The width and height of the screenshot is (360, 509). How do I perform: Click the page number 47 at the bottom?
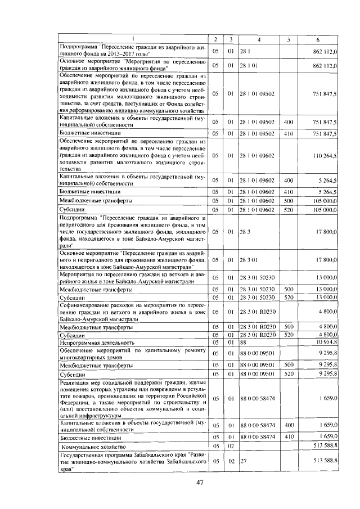(x=200, y=482)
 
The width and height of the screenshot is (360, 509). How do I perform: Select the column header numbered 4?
(x=259, y=39)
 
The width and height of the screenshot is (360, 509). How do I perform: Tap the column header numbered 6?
(x=318, y=39)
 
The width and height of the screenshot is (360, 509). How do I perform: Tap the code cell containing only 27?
(x=244, y=460)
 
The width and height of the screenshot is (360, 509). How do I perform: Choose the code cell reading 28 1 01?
(x=249, y=66)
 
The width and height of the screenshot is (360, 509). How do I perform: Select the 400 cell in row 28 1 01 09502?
(x=289, y=121)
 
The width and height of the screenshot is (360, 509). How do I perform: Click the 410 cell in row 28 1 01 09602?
(x=289, y=192)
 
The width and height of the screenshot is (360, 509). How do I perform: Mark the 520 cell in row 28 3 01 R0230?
(x=289, y=335)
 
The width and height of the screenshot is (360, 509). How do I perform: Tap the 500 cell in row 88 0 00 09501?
(x=289, y=364)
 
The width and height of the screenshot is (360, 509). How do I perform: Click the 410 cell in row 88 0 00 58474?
(x=289, y=436)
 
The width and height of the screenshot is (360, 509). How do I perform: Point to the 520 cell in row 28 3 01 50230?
(x=289, y=297)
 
